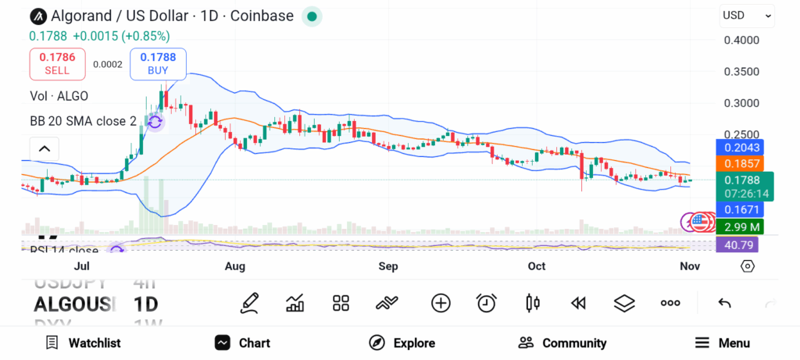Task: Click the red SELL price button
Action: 57,63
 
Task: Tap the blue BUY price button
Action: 158,63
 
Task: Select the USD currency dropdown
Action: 747,15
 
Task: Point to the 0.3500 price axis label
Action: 741,72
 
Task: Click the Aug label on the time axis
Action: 234,266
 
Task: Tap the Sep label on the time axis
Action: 388,266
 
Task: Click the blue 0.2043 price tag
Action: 741,148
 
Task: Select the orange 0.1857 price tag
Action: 741,164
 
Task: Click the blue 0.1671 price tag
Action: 741,209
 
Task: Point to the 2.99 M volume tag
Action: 741,226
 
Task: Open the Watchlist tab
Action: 83,343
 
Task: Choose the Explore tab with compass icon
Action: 402,343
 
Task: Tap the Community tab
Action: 562,343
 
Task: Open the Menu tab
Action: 722,343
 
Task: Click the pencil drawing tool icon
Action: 249,303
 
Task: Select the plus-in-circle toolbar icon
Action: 441,303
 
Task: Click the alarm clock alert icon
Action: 487,303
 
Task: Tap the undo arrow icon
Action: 724,303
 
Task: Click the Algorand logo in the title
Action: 37,16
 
